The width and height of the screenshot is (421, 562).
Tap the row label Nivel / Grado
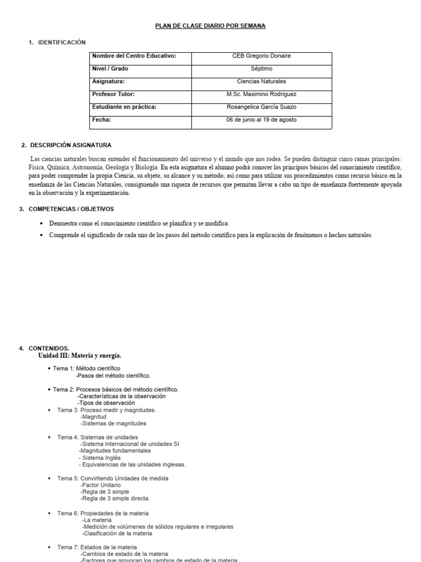[110, 69]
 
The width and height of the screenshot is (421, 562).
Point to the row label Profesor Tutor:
[113, 94]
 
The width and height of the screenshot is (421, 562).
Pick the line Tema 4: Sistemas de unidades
[97, 437]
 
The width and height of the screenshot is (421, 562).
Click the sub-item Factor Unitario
[101, 485]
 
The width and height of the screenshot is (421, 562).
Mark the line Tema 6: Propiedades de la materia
[103, 513]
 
